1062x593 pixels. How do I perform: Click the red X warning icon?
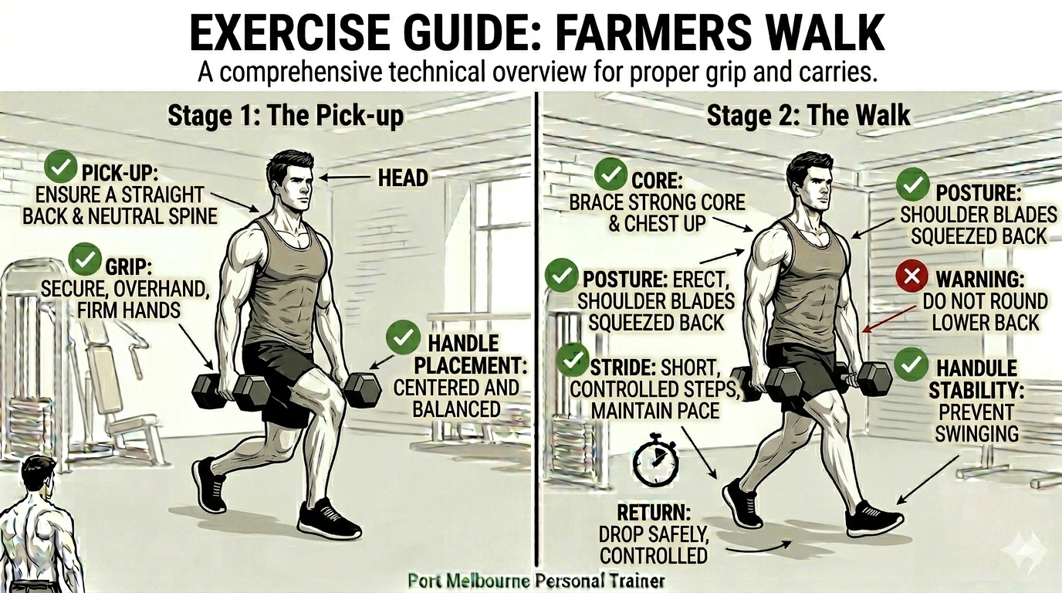(x=911, y=276)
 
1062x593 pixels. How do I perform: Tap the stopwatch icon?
(x=656, y=459)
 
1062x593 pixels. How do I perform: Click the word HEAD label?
(x=403, y=178)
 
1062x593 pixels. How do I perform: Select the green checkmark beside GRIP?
(x=86, y=259)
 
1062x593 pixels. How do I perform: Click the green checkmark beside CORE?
(x=611, y=174)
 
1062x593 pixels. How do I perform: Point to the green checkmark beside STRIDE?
(x=572, y=360)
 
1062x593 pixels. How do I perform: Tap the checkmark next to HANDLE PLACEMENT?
(x=403, y=337)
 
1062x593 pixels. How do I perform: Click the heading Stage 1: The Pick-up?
(x=286, y=116)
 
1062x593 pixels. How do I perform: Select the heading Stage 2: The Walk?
(x=808, y=115)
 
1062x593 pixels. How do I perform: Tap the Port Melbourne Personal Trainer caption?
(x=536, y=581)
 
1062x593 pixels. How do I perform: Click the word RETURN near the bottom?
(x=653, y=513)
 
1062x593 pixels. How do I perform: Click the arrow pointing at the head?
(x=345, y=178)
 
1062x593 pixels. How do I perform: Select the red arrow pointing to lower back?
(x=889, y=318)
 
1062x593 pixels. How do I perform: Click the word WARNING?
(x=980, y=280)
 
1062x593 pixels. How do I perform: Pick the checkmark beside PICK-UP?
(x=60, y=167)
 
